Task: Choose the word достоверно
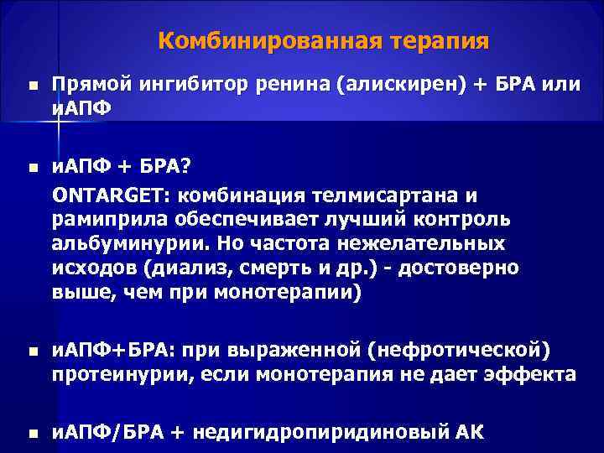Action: tap(460, 268)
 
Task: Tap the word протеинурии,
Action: tap(118, 372)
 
